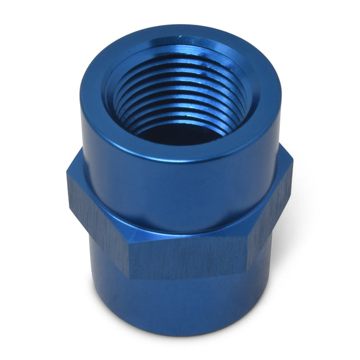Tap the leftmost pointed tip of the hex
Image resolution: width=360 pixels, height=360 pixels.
click(68, 180)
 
